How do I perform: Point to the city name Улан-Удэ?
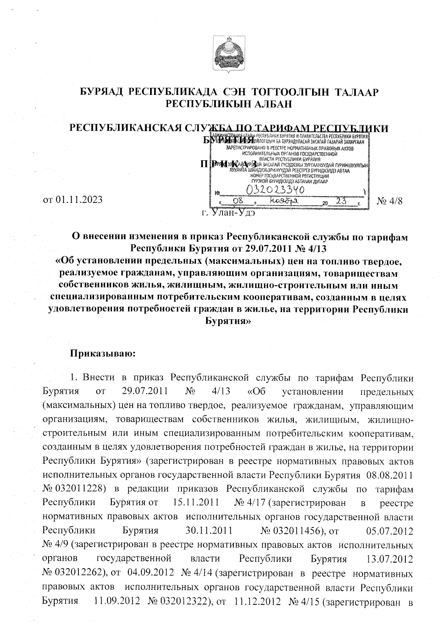pyautogui.click(x=233, y=214)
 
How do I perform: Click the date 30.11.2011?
pyautogui.click(x=209, y=530)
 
